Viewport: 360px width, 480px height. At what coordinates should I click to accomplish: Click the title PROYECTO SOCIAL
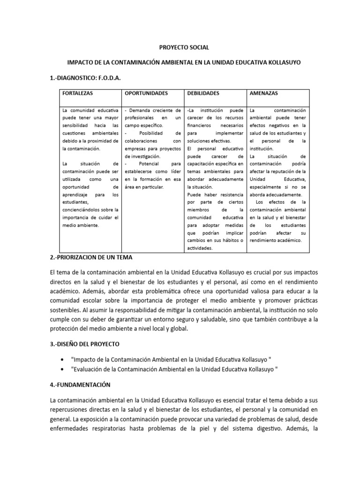(180, 48)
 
